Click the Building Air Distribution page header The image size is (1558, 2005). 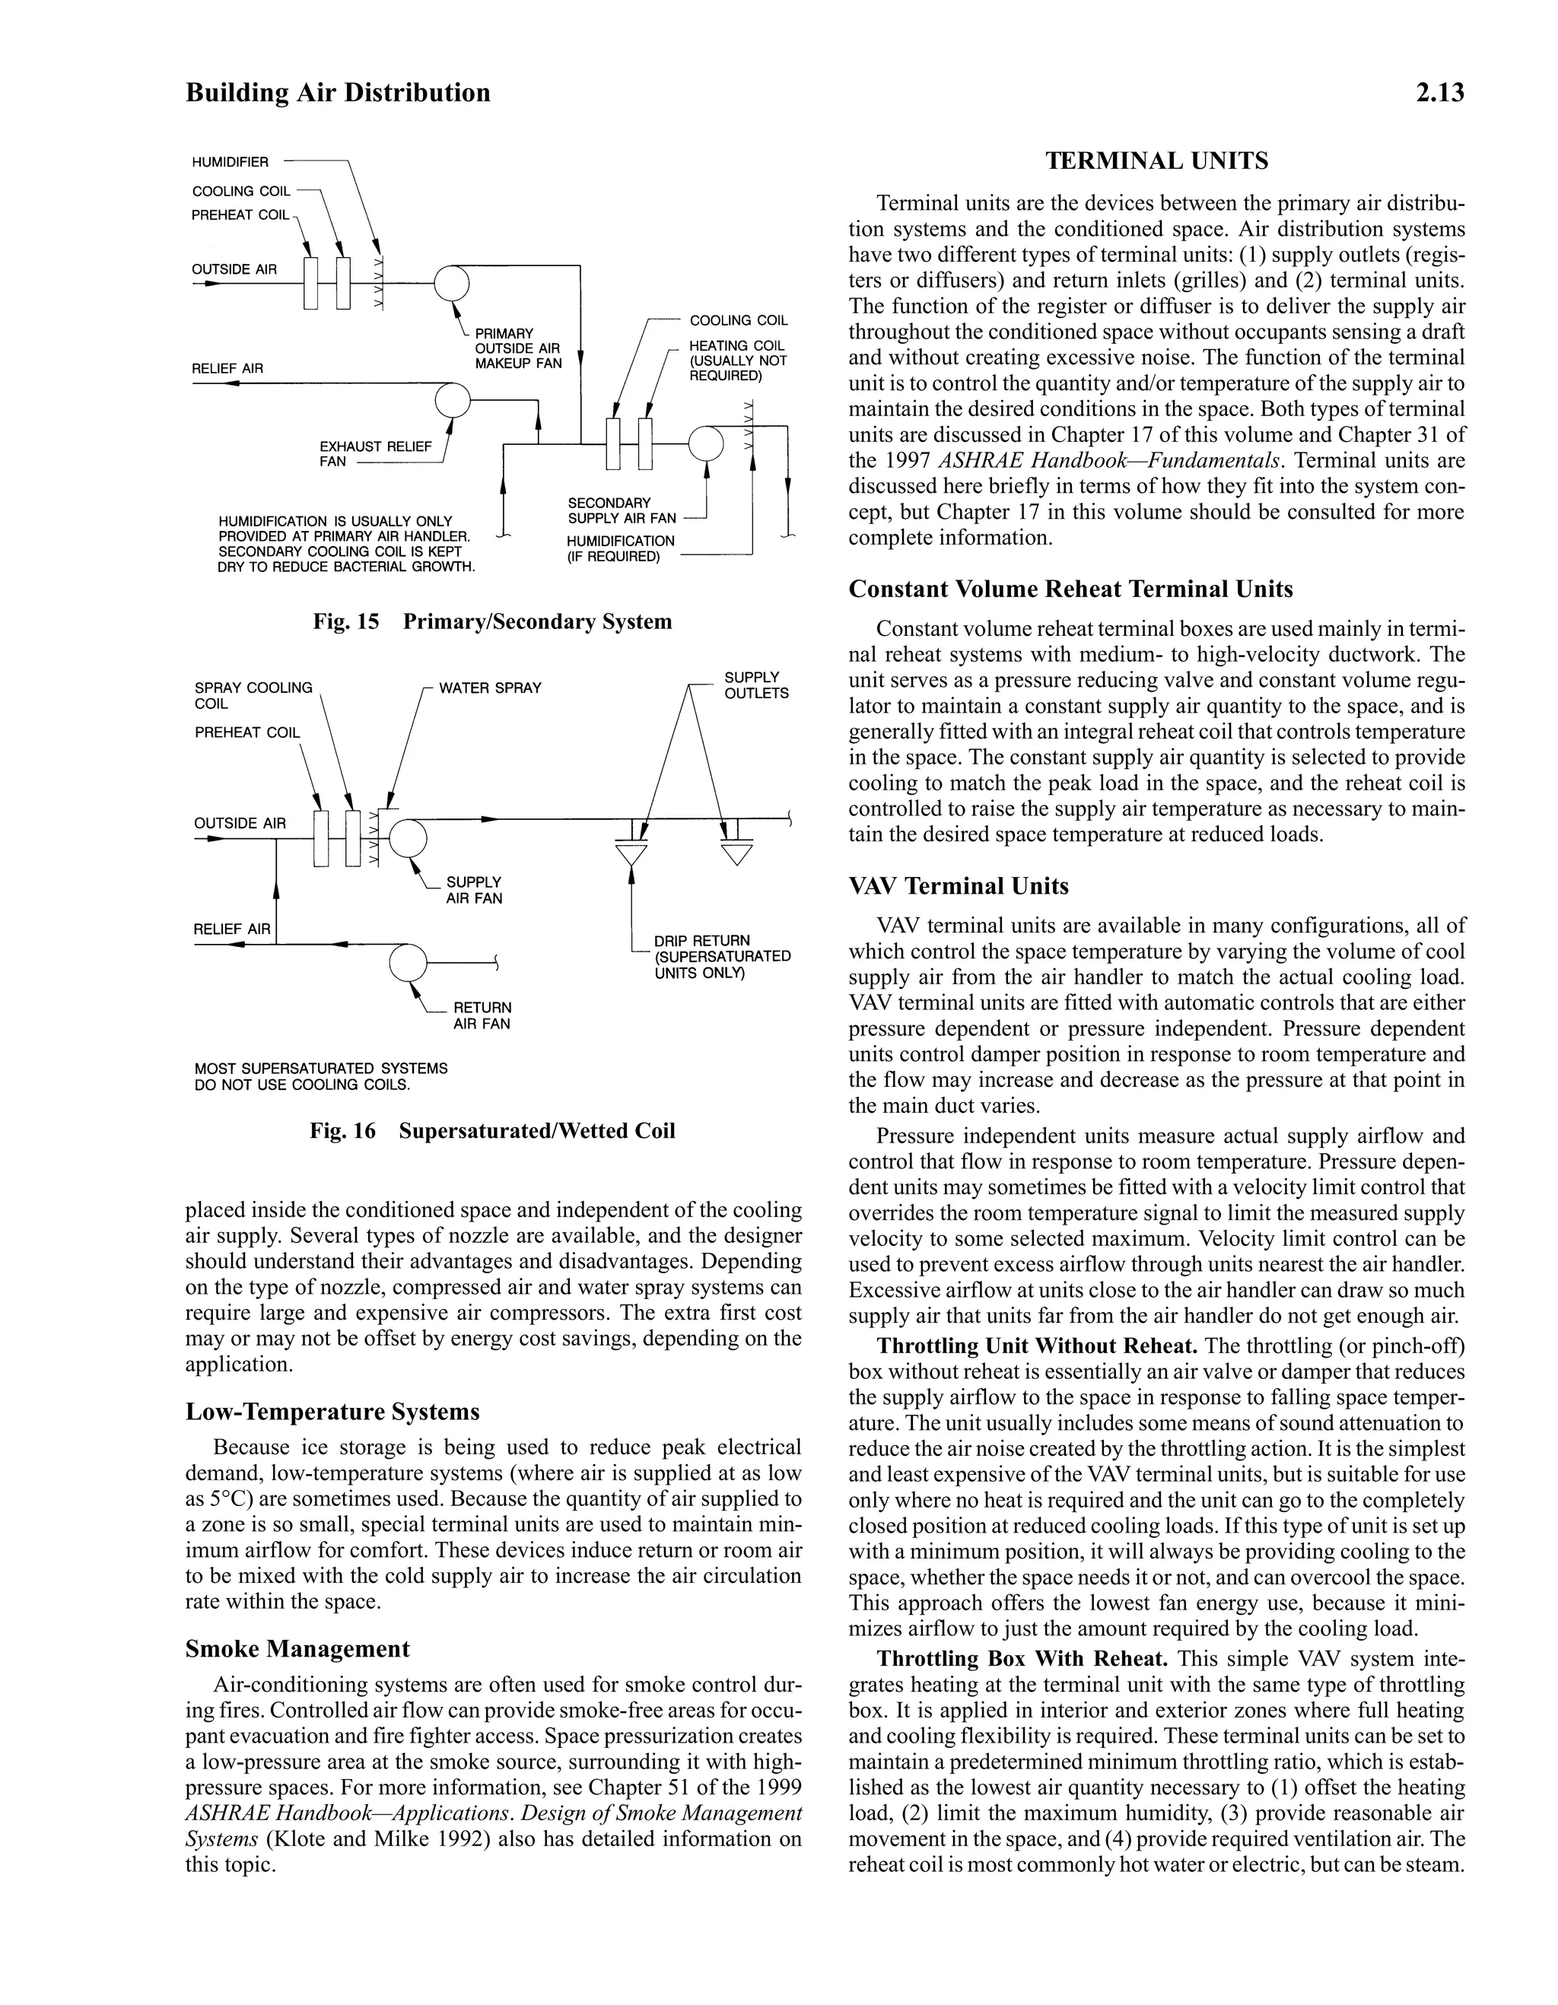338,93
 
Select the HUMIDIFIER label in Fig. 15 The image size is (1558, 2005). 231,163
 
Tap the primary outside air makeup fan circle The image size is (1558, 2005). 452,283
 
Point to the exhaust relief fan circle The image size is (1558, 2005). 452,399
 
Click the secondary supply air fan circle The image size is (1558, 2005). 706,443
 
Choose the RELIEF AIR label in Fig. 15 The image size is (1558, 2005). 227,368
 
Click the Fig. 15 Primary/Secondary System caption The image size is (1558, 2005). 492,621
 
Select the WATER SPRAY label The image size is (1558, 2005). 490,688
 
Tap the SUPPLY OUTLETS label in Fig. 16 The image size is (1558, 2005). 755,685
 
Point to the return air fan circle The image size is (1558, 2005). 408,962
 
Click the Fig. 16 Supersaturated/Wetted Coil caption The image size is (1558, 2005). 492,1130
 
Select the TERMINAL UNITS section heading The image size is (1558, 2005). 1157,161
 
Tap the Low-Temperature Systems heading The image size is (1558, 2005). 332,1411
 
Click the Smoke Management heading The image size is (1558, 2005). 297,1649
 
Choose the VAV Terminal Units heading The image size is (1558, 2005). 959,886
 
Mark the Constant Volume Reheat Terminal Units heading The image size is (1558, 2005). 1070,589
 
